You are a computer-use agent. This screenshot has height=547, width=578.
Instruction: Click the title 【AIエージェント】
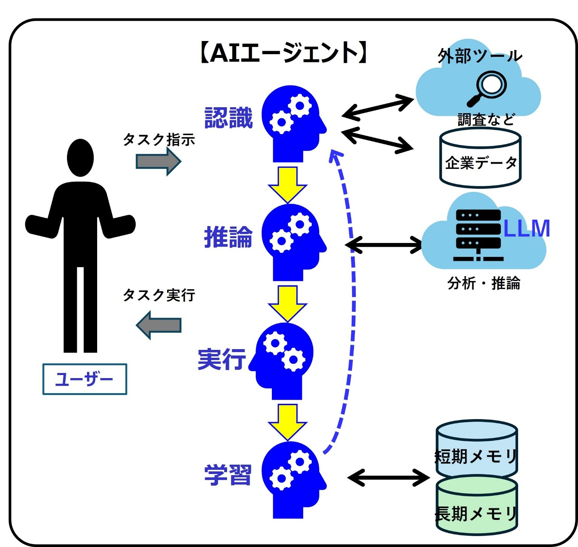pos(283,53)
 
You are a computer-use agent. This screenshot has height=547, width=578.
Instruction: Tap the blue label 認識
pos(228,118)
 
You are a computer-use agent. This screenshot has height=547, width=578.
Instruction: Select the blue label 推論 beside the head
pos(228,237)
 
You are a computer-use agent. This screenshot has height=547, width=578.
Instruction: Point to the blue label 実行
pos(222,359)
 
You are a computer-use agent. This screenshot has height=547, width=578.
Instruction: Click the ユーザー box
pos(85,379)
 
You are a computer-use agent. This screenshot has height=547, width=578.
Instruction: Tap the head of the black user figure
pos(80,158)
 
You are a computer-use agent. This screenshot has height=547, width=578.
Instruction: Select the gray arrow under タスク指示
pos(159,161)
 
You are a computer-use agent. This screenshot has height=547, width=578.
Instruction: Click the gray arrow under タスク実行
pos(159,325)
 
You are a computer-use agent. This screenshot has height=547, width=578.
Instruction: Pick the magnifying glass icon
pos(487,88)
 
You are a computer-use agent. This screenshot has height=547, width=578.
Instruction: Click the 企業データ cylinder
pos(480,158)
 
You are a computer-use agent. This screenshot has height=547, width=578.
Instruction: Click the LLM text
pos(526,228)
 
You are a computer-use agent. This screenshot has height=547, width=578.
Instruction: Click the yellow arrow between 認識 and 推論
pos(288,184)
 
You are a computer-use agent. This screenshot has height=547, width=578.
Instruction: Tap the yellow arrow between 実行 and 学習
pos(288,422)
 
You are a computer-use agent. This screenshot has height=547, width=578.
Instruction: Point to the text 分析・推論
pos(484,283)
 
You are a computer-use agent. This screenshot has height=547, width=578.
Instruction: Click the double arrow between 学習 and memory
pos(388,478)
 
